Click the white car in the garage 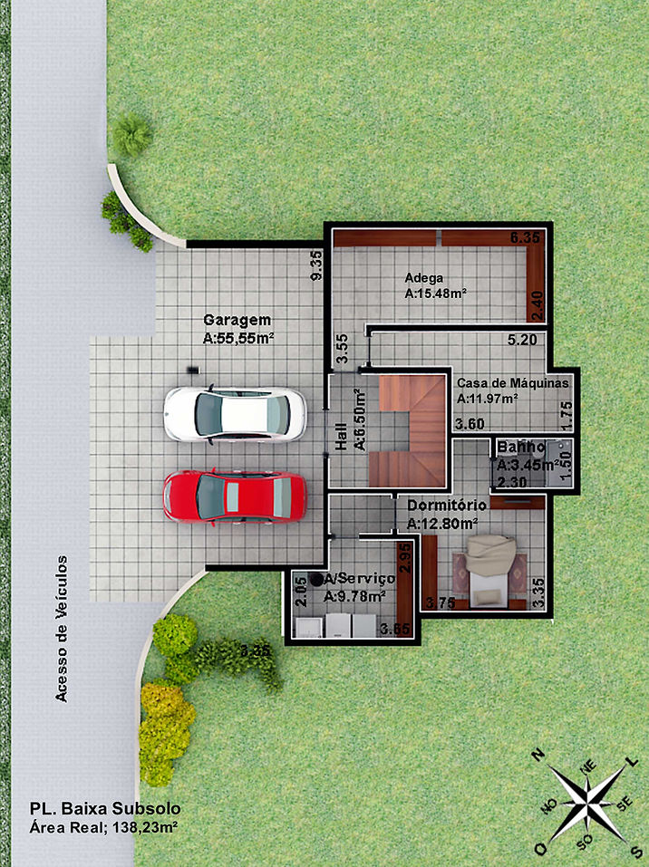click(x=235, y=414)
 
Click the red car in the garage click(x=235, y=496)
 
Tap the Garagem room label click(x=237, y=321)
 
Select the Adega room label click(x=423, y=278)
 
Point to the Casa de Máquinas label click(x=512, y=383)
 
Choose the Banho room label click(x=520, y=448)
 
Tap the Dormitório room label click(x=447, y=505)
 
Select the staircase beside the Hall click(x=412, y=430)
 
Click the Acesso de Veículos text click(x=62, y=628)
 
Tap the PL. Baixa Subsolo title click(x=106, y=808)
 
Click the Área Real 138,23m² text click(x=104, y=828)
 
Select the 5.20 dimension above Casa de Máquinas click(x=523, y=342)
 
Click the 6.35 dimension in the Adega click(x=526, y=237)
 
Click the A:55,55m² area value click(x=238, y=339)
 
